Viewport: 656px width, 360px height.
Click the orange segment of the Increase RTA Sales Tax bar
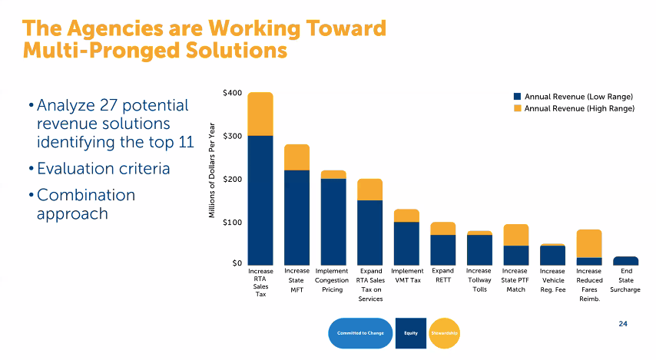(x=260, y=114)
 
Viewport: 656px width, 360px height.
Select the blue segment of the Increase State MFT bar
(x=297, y=217)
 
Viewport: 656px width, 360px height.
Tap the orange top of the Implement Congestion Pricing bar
(x=333, y=174)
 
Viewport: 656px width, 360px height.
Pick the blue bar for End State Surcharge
(x=625, y=261)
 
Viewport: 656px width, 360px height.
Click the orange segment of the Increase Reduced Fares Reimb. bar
(x=589, y=243)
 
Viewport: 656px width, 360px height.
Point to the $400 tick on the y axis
(x=233, y=93)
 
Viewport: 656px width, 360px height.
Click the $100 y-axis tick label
(x=233, y=223)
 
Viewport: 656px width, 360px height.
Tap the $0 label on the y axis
(x=237, y=264)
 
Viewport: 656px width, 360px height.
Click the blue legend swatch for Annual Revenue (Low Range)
(x=517, y=97)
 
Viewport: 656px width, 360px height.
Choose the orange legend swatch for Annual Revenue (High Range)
(x=517, y=109)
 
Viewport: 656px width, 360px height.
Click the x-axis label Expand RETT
(x=442, y=276)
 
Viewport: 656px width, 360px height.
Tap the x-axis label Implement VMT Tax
(x=406, y=276)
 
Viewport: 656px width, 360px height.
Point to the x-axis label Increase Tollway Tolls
(x=479, y=280)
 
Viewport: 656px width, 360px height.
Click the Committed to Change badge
(x=360, y=332)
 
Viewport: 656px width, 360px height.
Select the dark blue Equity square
(x=410, y=332)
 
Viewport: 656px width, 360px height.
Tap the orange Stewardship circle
(x=445, y=332)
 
